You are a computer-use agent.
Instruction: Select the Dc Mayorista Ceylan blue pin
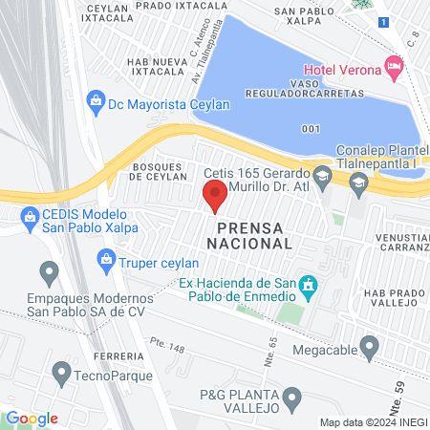click(95, 99)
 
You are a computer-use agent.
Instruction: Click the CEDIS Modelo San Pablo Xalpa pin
click(30, 219)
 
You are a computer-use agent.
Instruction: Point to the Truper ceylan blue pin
click(106, 257)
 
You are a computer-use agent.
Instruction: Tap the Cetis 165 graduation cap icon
click(323, 175)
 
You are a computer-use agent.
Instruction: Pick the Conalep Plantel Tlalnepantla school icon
click(359, 186)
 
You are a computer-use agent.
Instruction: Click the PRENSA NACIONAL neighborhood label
click(254, 236)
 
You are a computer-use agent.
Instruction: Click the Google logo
click(32, 418)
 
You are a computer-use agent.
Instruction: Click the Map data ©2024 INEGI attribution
click(372, 422)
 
